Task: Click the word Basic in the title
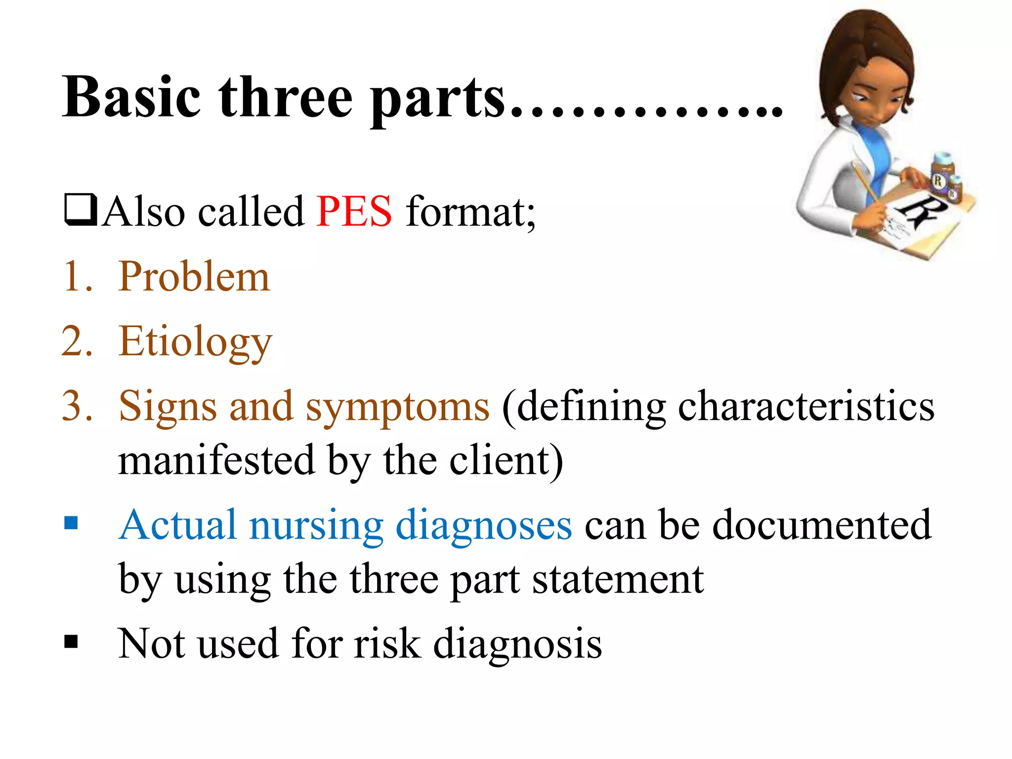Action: pos(131,97)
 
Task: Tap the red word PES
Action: pos(354,212)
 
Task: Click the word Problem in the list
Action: pos(194,277)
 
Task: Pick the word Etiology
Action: pos(195,342)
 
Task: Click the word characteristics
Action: pos(806,406)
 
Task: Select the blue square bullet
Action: pos(71,523)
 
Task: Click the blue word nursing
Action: pos(316,525)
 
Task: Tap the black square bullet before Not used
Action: pos(71,641)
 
